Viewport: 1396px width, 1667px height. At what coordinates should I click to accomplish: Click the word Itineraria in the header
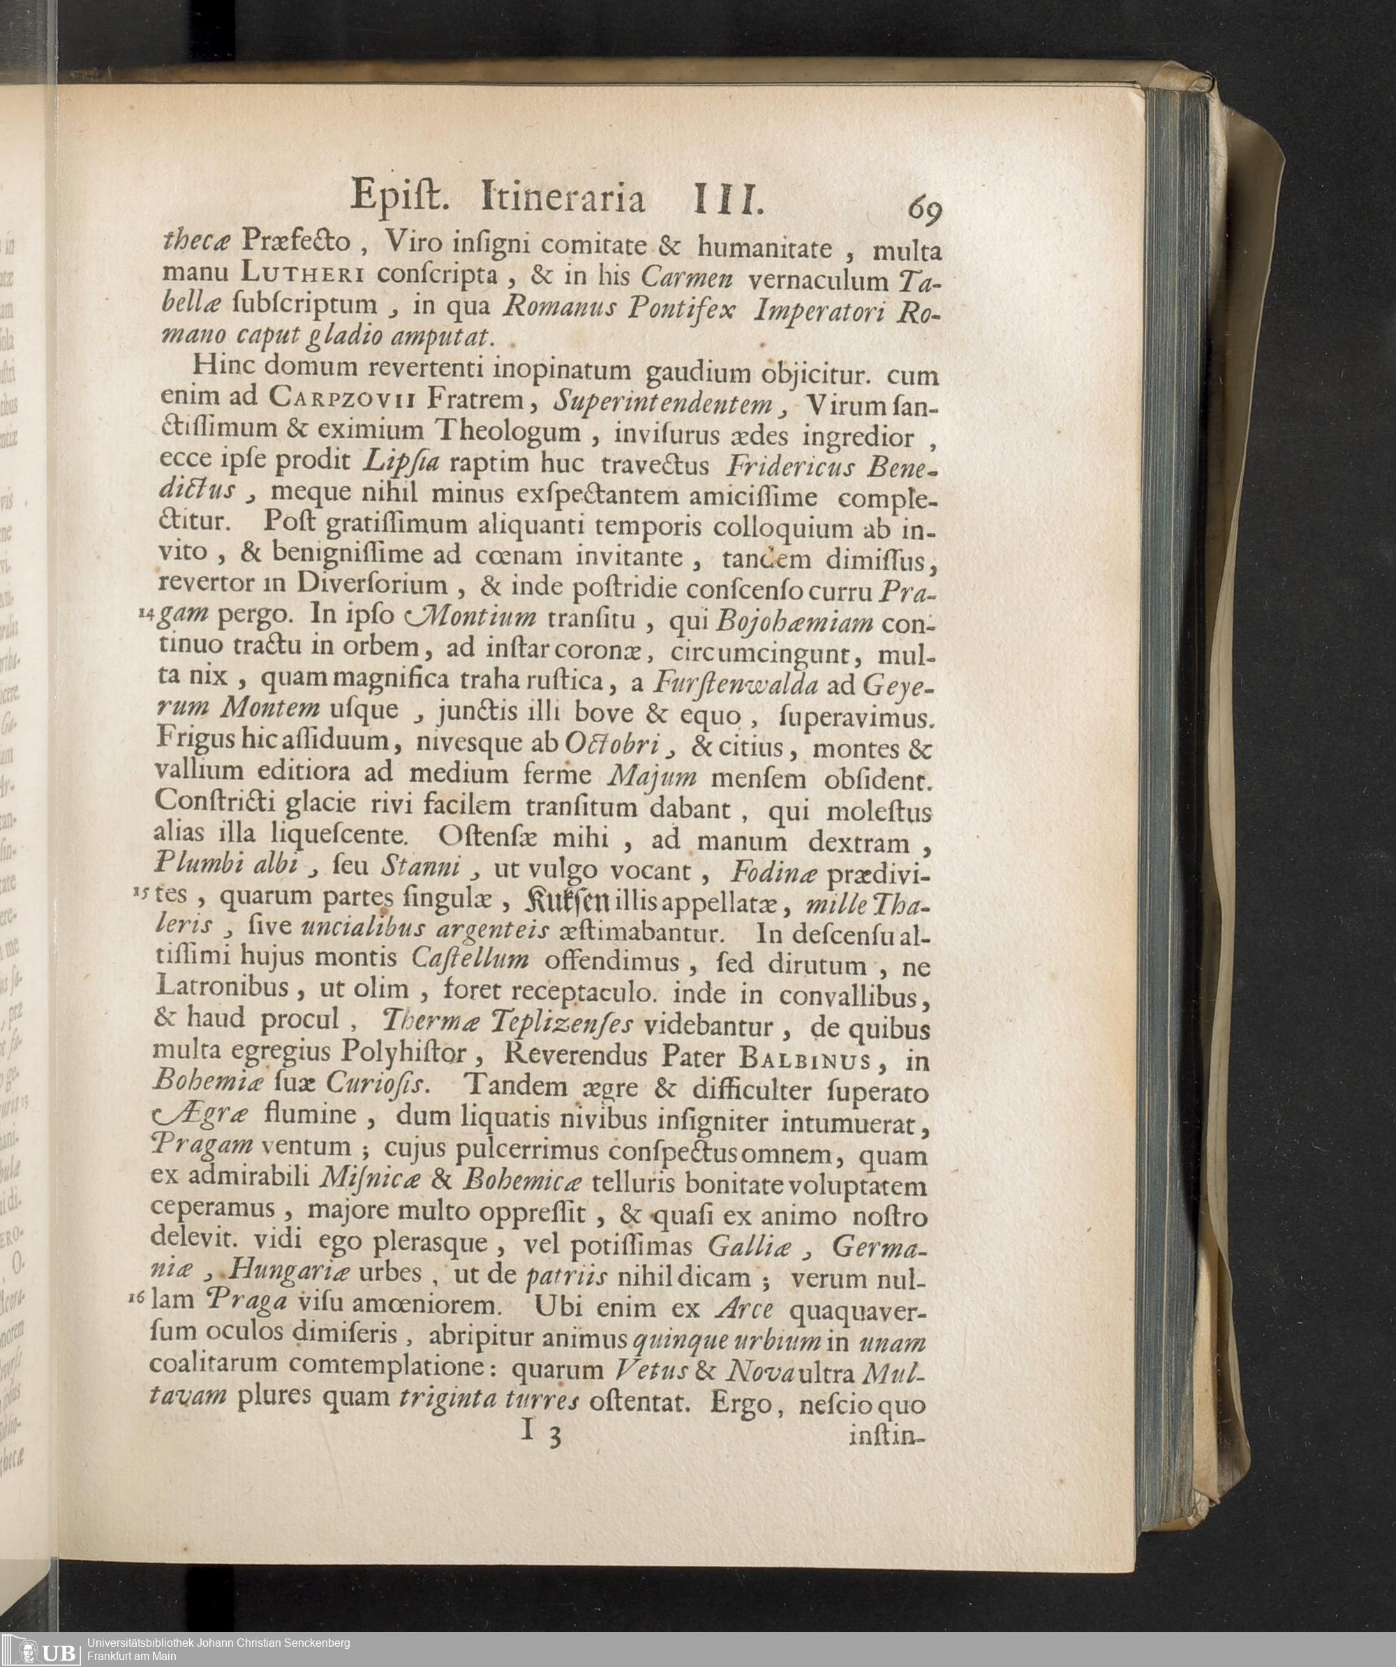(563, 198)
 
